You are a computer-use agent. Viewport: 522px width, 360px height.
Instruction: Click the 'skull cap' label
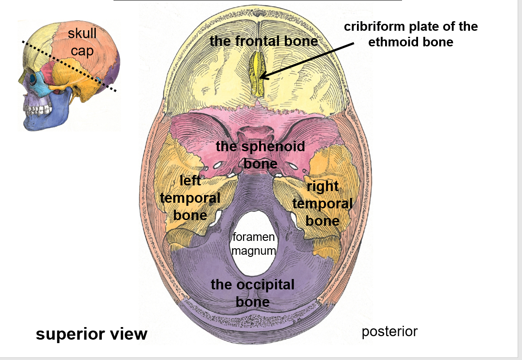82,42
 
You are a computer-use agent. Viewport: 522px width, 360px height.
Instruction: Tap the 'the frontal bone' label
263,41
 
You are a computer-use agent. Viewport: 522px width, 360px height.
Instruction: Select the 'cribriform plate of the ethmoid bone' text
411,34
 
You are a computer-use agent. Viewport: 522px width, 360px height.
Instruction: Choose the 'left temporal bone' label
190,198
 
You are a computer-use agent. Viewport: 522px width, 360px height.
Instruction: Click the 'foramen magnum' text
253,243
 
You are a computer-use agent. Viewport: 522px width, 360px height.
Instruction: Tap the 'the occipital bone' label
253,293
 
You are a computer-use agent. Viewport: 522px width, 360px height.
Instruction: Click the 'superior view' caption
91,334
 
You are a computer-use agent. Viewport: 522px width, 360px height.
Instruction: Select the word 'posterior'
389,331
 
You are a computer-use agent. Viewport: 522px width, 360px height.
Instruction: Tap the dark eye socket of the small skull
33,79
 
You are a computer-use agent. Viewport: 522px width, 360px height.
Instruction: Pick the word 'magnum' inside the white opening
253,250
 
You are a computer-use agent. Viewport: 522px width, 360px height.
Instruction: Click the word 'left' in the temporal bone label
190,180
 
